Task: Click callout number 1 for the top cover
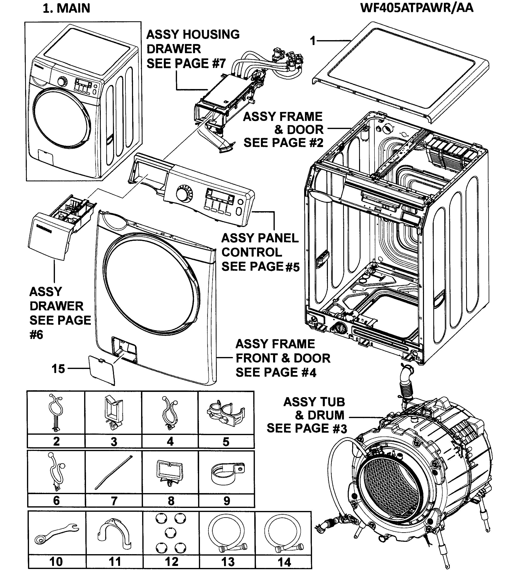(x=312, y=41)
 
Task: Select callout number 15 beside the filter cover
(x=58, y=369)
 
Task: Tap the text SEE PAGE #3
(x=307, y=429)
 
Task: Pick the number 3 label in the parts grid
(x=114, y=442)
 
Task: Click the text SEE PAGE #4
(x=276, y=372)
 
